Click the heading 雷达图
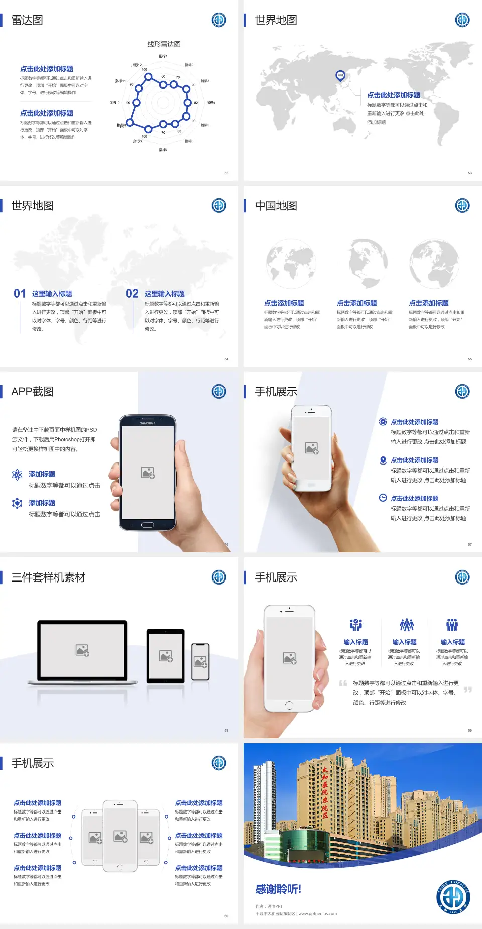[x=27, y=20]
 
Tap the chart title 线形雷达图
[x=164, y=44]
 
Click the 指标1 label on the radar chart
[x=163, y=56]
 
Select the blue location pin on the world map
[x=340, y=76]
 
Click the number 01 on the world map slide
[x=20, y=294]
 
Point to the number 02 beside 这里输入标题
[x=132, y=294]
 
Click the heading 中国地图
[x=276, y=206]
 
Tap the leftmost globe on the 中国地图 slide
[x=291, y=264]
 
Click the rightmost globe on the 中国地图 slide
[x=434, y=264]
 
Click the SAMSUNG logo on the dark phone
[x=148, y=423]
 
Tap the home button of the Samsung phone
[x=147, y=525]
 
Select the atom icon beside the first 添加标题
[x=17, y=475]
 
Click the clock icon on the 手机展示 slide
[x=383, y=498]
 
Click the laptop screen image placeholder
[x=82, y=650]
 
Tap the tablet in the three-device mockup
[x=166, y=655]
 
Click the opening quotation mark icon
[x=343, y=683]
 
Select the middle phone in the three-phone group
[x=120, y=836]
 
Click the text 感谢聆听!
[x=278, y=889]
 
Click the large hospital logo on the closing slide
[x=453, y=897]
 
